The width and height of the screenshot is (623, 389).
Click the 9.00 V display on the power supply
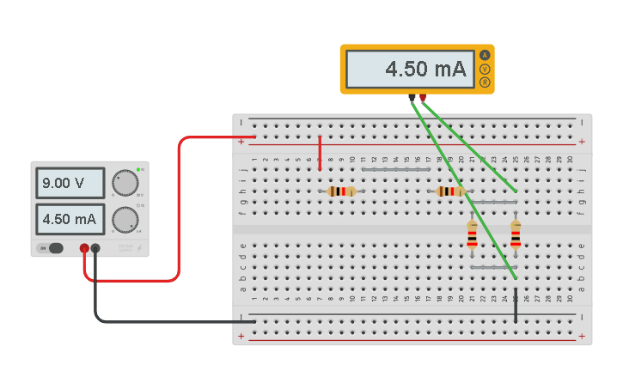pyautogui.click(x=70, y=183)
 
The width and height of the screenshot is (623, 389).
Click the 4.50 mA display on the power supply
pyautogui.click(x=70, y=219)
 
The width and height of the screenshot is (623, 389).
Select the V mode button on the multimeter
pyautogui.click(x=485, y=69)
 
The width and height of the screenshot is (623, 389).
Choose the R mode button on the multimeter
pyautogui.click(x=485, y=82)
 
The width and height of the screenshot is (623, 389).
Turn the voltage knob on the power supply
pyautogui.click(x=125, y=183)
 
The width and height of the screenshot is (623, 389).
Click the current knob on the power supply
pyautogui.click(x=125, y=220)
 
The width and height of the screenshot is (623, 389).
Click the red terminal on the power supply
pyautogui.click(x=84, y=249)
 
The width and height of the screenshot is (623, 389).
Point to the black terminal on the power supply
pyautogui.click(x=95, y=249)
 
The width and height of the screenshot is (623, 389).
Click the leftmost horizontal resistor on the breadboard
pyautogui.click(x=342, y=191)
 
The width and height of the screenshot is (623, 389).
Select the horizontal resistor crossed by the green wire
pyautogui.click(x=449, y=191)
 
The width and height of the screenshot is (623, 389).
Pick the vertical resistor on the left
pyautogui.click(x=472, y=234)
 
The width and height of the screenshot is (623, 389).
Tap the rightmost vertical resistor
pyautogui.click(x=515, y=234)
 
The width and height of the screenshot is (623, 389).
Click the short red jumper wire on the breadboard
pyautogui.click(x=320, y=152)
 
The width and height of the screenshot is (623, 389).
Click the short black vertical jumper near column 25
pyautogui.click(x=516, y=306)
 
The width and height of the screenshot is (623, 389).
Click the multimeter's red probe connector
pyautogui.click(x=423, y=98)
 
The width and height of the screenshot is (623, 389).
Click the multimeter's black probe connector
pyautogui.click(x=412, y=98)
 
